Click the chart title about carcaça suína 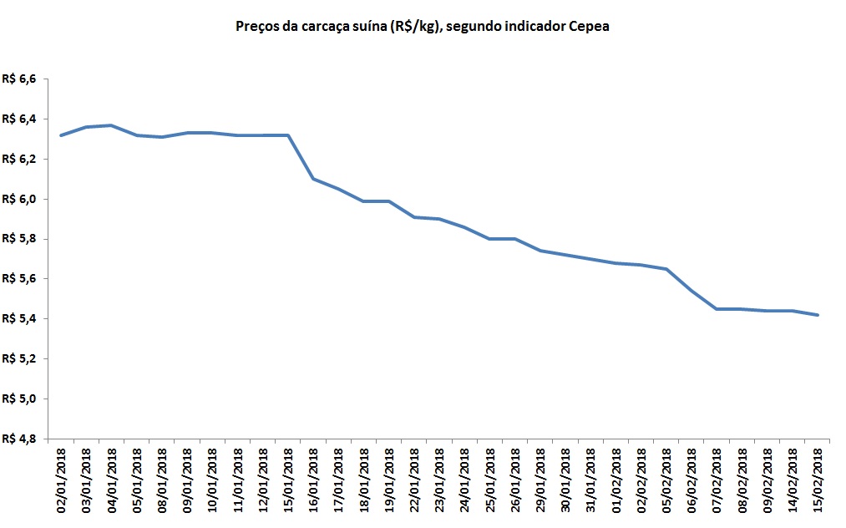(x=423, y=27)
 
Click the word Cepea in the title (x=590, y=27)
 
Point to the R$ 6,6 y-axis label (x=20, y=79)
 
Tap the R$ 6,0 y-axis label (x=20, y=199)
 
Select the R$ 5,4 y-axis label (x=20, y=318)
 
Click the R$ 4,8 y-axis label (x=20, y=439)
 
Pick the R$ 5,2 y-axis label (x=20, y=358)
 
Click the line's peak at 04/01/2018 (x=111, y=125)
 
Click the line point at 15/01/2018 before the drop (x=287, y=135)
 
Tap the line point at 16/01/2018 (x=312, y=179)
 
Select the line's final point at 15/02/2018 (x=817, y=315)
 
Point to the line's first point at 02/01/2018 (x=61, y=135)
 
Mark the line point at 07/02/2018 (x=716, y=309)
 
